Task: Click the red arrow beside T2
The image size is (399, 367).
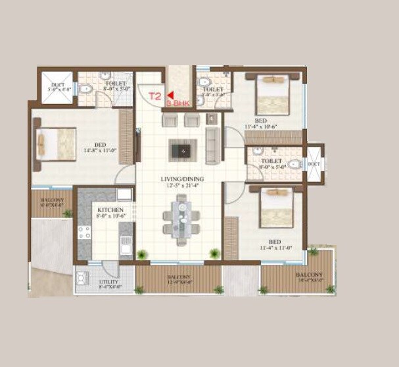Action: click(x=170, y=96)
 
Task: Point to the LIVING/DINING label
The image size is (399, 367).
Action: click(x=183, y=179)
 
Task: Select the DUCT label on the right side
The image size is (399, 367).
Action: click(x=314, y=163)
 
